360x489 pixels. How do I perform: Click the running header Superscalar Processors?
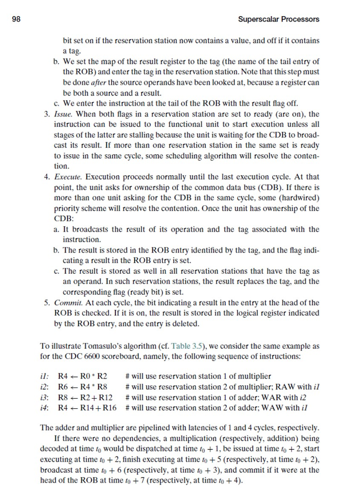[x=278, y=20]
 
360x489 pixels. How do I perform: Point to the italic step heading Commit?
[x=67, y=303]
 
